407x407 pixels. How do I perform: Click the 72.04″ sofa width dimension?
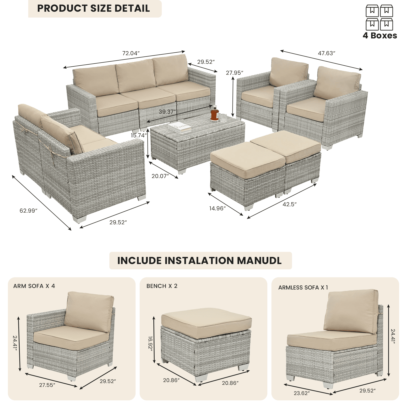pyautogui.click(x=131, y=53)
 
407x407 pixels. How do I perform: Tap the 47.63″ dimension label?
pyautogui.click(x=327, y=53)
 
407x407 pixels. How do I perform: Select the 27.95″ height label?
pyautogui.click(x=235, y=73)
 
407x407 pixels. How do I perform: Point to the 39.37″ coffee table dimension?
pyautogui.click(x=167, y=112)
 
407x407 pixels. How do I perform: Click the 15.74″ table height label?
pyautogui.click(x=139, y=135)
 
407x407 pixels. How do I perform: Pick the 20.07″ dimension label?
pyautogui.click(x=160, y=176)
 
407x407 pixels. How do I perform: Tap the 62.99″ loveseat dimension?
pyautogui.click(x=28, y=211)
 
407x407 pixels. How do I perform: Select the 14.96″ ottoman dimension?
pyautogui.click(x=217, y=208)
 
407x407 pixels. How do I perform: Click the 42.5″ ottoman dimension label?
pyautogui.click(x=290, y=204)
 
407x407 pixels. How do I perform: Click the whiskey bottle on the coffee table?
pyautogui.click(x=215, y=113)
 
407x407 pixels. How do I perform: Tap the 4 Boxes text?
pyautogui.click(x=380, y=35)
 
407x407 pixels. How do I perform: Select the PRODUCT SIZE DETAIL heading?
pyautogui.click(x=93, y=8)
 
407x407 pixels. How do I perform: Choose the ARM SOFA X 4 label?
pyautogui.click(x=34, y=286)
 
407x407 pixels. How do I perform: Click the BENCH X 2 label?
pyautogui.click(x=162, y=286)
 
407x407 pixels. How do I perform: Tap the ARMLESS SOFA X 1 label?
pyautogui.click(x=303, y=287)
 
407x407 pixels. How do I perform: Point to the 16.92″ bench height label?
pyautogui.click(x=150, y=344)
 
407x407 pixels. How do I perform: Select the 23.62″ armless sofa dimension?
pyautogui.click(x=302, y=393)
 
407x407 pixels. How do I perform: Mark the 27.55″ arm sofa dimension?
pyautogui.click(x=47, y=385)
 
